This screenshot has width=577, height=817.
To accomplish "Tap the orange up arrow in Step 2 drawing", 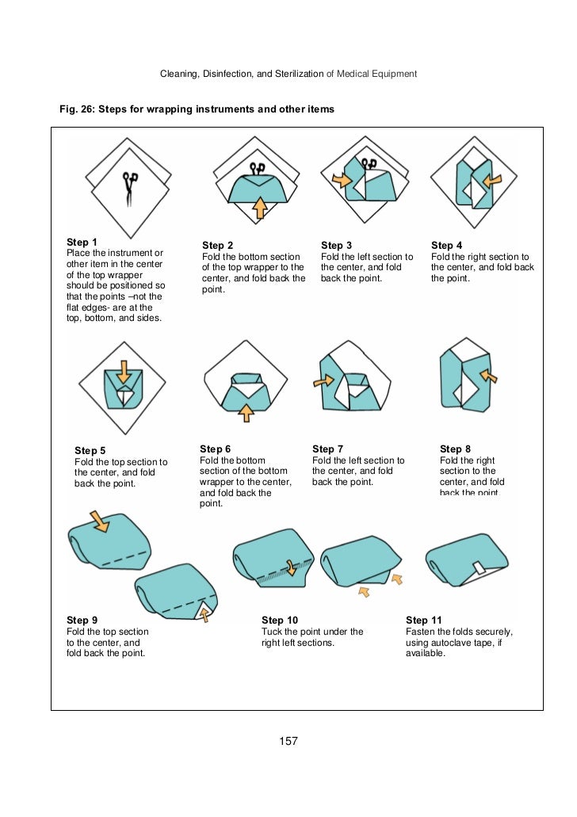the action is click(260, 208).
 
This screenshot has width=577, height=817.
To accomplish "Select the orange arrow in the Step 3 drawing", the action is click(342, 181).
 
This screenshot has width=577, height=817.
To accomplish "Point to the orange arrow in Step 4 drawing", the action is click(492, 181).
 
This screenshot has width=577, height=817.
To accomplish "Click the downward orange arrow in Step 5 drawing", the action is click(124, 372).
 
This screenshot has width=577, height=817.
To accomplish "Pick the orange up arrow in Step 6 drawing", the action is click(246, 412).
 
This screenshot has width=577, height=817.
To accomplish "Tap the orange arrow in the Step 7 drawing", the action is click(323, 381).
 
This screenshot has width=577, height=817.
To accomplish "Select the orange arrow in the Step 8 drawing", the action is click(488, 375).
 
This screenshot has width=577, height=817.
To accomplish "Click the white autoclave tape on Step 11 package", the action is click(479, 567).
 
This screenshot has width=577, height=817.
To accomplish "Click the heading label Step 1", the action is click(82, 242).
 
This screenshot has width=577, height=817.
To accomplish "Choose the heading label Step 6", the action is click(216, 449).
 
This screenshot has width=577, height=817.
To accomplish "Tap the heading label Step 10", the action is click(280, 620).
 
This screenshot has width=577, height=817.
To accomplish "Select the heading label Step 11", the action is click(424, 620).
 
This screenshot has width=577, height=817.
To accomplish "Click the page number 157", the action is click(288, 741).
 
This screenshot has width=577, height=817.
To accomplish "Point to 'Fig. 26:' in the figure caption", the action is click(77, 109).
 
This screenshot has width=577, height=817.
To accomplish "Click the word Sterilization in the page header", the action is click(299, 74).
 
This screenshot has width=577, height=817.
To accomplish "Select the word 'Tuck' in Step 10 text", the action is click(272, 632).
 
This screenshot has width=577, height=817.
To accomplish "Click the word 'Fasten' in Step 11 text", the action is click(420, 632).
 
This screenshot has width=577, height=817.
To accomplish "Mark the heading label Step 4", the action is click(447, 245).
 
